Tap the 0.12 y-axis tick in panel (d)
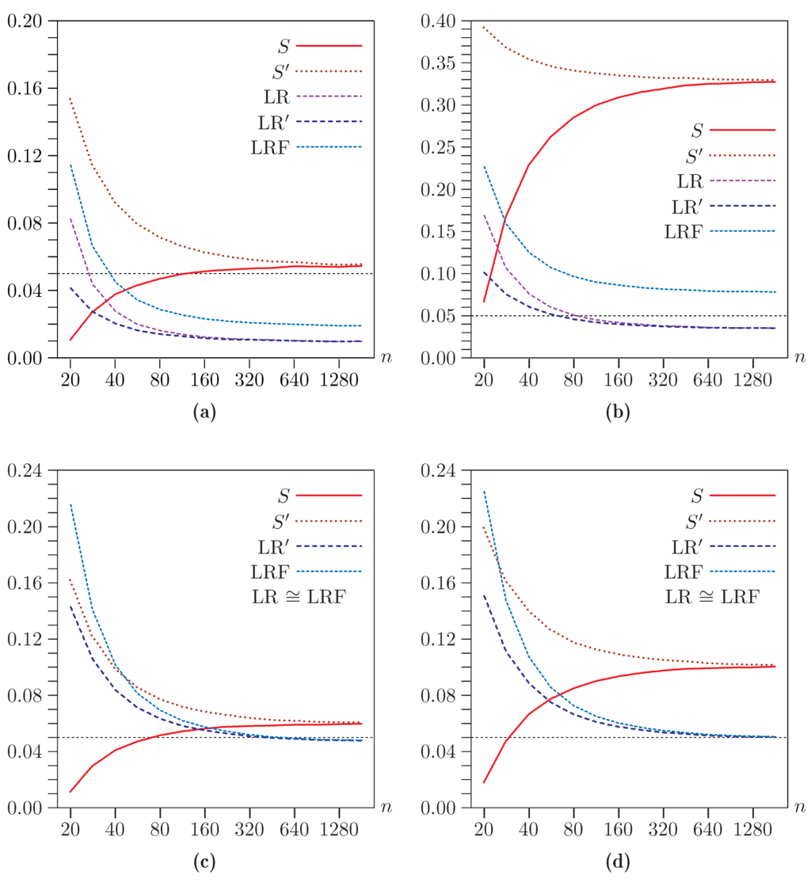point(438,639)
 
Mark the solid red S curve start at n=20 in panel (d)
point(483,782)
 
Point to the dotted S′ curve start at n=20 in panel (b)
point(483,26)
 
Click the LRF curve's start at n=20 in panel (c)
point(70,504)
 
